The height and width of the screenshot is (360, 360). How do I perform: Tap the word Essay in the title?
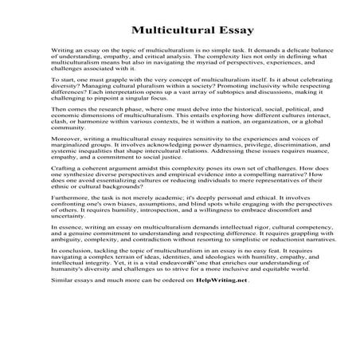click(x=236, y=31)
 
